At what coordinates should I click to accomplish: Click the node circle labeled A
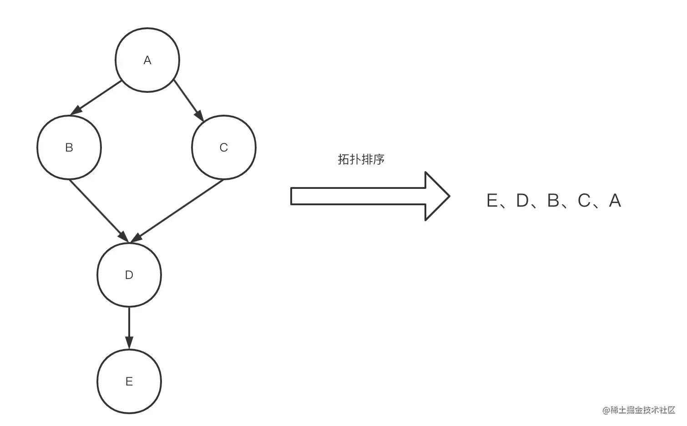coord(147,60)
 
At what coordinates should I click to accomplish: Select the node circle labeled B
coord(69,147)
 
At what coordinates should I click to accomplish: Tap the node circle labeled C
coord(224,147)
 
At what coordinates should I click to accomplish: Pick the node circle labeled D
coord(129,275)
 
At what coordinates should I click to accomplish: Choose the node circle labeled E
coord(129,381)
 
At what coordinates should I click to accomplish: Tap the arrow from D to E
coord(129,328)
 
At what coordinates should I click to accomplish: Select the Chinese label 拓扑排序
coord(361,159)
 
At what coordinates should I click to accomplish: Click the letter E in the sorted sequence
coord(492,201)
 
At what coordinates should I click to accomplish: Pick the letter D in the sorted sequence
coord(522,201)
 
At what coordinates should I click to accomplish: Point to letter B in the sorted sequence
coord(553,201)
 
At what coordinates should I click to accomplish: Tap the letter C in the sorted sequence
coord(584,201)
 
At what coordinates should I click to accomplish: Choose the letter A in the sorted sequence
coord(615,201)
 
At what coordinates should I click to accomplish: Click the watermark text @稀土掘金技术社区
coord(639,410)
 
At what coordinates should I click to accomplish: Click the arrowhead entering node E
coord(129,344)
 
